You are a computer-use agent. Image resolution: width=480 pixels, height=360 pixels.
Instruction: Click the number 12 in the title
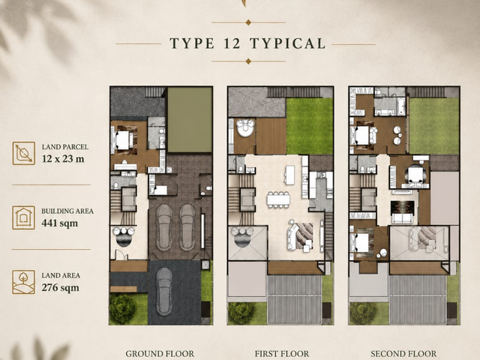(232, 43)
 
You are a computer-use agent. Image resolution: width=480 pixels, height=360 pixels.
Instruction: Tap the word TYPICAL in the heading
(288, 43)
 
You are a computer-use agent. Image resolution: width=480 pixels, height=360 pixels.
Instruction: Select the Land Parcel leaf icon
(24, 153)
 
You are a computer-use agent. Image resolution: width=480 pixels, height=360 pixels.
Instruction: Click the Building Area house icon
(23, 217)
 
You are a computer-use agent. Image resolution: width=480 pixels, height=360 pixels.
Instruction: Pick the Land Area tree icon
(23, 282)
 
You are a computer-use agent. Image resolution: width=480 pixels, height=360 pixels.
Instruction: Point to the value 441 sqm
(60, 223)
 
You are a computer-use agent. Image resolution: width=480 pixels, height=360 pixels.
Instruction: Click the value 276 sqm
(60, 288)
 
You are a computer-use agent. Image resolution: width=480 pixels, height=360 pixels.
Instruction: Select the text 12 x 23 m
(63, 159)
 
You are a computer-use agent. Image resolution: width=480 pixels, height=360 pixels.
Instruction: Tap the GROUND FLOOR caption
(160, 354)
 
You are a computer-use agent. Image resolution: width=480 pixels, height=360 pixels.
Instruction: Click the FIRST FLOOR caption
(282, 354)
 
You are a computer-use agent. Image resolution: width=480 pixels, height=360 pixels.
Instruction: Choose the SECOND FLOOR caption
(403, 354)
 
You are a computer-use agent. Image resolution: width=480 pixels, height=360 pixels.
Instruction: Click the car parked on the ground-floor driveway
(164, 292)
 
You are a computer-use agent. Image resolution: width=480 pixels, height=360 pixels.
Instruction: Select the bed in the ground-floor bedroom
(123, 140)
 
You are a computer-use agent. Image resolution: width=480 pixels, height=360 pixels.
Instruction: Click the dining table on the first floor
(278, 199)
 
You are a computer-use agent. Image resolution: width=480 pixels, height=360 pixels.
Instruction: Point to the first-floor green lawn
(310, 126)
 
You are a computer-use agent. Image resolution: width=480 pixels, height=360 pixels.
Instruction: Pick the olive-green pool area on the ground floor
(190, 120)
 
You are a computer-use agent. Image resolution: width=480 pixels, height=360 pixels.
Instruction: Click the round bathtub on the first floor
(245, 127)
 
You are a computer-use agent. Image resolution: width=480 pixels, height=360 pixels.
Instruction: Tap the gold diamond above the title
(248, 22)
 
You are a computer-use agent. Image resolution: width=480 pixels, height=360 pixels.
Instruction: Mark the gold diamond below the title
(248, 61)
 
